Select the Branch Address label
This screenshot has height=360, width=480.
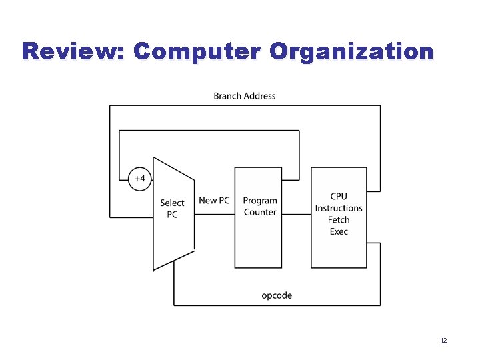[x=244, y=96]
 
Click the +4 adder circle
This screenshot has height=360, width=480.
[x=140, y=179]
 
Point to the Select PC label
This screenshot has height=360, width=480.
[x=172, y=209]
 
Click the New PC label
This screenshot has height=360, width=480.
[x=214, y=201]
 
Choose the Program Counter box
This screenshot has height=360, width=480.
[x=258, y=217]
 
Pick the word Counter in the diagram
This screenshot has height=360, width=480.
[x=260, y=212]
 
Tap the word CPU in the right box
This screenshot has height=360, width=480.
[x=339, y=196]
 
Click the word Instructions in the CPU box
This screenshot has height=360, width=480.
[x=339, y=208]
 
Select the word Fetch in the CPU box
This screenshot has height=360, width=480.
[x=339, y=220]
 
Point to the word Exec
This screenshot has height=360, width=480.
[x=339, y=231]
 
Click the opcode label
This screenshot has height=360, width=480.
[x=277, y=295]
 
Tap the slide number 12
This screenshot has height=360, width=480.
[x=443, y=341]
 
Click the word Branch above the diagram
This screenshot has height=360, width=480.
[x=227, y=96]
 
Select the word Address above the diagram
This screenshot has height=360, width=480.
[x=259, y=96]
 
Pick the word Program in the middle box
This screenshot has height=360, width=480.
[x=260, y=201]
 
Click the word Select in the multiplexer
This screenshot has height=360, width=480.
[x=172, y=203]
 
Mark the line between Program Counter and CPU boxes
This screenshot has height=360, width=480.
[x=296, y=213]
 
